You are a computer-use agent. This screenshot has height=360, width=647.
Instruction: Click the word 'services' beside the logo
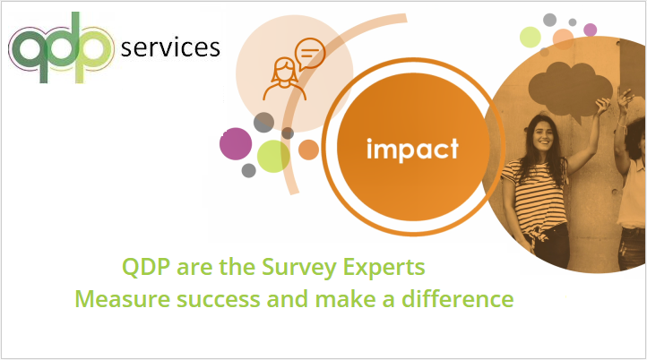(x=170, y=47)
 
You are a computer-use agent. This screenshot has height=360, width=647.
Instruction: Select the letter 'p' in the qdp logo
(x=97, y=49)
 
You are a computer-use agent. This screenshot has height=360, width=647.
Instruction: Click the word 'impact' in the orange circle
(x=412, y=148)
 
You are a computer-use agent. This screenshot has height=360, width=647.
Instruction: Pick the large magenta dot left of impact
(x=236, y=143)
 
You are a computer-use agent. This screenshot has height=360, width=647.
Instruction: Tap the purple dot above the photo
(x=590, y=30)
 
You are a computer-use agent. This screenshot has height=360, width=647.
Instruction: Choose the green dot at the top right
(x=531, y=36)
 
